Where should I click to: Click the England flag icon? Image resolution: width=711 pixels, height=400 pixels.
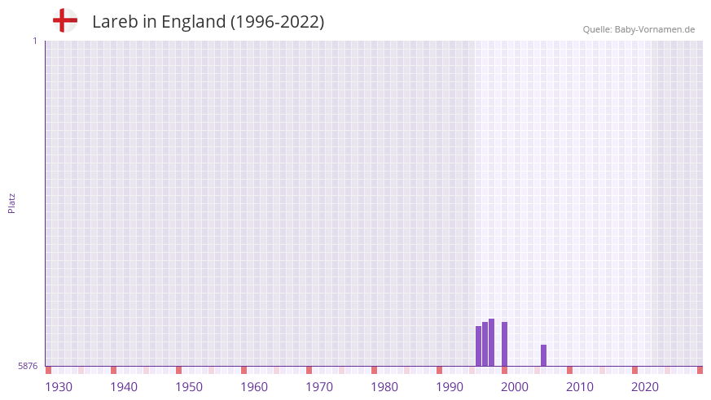[x=64, y=20]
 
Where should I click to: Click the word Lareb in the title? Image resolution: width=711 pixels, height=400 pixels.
[x=115, y=22]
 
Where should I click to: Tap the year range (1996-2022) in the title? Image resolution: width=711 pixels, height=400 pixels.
[x=277, y=22]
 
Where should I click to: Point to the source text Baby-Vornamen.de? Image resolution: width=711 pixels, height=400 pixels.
[x=655, y=29]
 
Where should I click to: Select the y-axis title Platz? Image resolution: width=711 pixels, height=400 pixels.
[x=11, y=202]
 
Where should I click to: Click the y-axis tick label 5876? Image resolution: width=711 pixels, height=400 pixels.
[x=28, y=367]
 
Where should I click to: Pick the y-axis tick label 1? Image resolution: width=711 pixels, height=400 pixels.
[x=34, y=41]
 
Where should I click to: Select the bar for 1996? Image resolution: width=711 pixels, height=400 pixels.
[x=479, y=346]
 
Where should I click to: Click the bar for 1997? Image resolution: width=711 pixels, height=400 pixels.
[x=485, y=344]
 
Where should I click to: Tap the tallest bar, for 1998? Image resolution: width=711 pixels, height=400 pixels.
[x=492, y=342]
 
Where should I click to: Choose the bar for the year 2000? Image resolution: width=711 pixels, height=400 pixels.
[x=505, y=344]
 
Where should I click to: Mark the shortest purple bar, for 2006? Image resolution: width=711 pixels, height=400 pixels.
[x=544, y=355]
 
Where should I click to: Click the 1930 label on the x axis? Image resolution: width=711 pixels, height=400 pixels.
[x=59, y=387]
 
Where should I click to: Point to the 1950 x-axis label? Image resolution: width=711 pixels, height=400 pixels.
[x=189, y=387]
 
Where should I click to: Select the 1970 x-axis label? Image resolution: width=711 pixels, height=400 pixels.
[x=319, y=387]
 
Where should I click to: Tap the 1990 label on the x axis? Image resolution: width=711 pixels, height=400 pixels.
[x=450, y=387]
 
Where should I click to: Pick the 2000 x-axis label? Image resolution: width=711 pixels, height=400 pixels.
[x=515, y=387]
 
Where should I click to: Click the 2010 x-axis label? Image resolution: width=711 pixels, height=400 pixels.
[x=580, y=387]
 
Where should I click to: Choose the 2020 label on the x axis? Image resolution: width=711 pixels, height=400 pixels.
[x=645, y=387]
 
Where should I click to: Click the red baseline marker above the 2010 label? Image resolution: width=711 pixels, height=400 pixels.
[x=570, y=371]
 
